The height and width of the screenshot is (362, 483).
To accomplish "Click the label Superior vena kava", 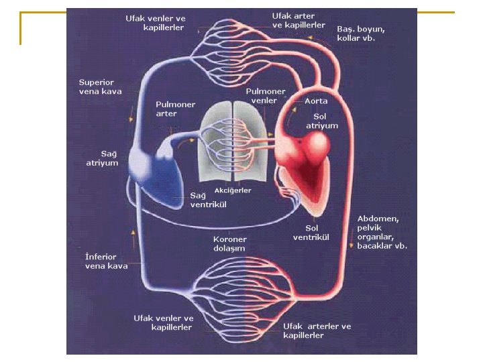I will click(101, 86).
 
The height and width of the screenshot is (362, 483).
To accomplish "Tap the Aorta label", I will click(316, 101).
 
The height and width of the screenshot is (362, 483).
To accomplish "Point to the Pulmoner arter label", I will click(176, 109).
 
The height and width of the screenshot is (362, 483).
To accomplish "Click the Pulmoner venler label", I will click(266, 96).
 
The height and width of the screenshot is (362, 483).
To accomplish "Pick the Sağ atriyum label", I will click(102, 158).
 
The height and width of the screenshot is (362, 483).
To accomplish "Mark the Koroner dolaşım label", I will click(230, 243).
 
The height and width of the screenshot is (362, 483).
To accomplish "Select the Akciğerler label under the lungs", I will click(233, 190).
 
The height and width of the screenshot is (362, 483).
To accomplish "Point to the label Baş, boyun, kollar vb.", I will click(361, 34).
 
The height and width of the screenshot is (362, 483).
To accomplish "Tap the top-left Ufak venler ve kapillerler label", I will click(156, 23).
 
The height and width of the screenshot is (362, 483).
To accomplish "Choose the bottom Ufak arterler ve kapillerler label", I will click(317, 330).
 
